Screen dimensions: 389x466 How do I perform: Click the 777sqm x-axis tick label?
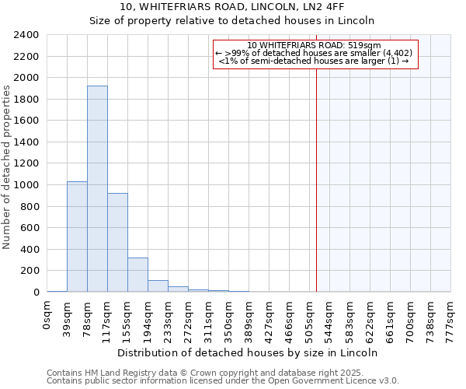pyautogui.click(x=450, y=315)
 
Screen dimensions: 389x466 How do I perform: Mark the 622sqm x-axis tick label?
pyautogui.click(x=370, y=315)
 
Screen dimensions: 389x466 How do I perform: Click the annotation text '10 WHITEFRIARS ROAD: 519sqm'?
pyautogui.click(x=314, y=45)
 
